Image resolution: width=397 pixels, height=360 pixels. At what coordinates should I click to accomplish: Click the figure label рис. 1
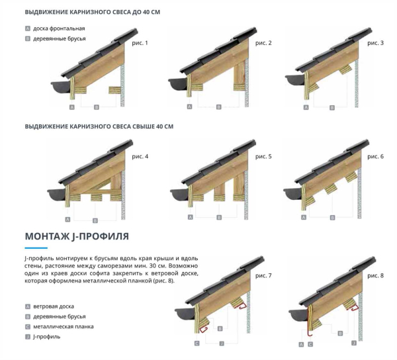(140, 43)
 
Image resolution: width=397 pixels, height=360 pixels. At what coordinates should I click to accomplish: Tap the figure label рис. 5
(263, 156)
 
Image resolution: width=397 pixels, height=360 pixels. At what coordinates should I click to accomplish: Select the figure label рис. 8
(375, 275)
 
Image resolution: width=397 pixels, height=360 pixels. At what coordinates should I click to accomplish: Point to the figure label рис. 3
(375, 43)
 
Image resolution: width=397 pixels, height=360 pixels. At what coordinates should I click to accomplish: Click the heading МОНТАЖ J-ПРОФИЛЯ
(77, 236)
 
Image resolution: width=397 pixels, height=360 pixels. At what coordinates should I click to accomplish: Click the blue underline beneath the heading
(36, 248)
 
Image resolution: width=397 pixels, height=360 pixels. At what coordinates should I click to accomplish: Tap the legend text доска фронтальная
(59, 28)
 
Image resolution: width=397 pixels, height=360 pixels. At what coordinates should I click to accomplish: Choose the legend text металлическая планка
(64, 327)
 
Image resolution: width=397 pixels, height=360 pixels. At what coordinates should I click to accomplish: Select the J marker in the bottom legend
(28, 337)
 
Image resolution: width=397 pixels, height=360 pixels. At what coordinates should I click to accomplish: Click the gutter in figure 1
(60, 87)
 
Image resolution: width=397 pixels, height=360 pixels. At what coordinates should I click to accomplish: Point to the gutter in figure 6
(292, 194)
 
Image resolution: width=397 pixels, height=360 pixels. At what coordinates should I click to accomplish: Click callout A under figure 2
(189, 107)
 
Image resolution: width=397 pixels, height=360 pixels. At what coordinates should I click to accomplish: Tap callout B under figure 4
(95, 221)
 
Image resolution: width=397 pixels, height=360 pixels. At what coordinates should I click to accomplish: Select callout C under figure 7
(197, 343)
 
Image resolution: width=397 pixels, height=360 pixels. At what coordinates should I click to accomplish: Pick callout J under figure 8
(354, 343)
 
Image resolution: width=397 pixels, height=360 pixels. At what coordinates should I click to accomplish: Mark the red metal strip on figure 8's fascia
(308, 320)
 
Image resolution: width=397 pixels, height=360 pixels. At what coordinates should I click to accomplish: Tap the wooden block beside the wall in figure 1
(114, 90)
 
